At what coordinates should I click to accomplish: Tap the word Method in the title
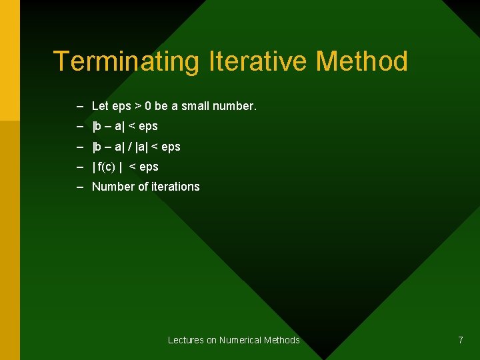click(x=361, y=62)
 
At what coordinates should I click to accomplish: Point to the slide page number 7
click(x=460, y=340)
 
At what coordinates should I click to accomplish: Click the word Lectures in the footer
click(x=186, y=340)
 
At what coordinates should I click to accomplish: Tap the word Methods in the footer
click(x=283, y=340)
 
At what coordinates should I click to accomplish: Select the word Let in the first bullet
click(x=100, y=106)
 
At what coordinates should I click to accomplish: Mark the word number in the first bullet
click(x=235, y=106)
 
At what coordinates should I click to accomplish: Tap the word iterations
click(x=175, y=187)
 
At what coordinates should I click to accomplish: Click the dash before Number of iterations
click(x=80, y=187)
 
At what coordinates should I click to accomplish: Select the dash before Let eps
click(x=80, y=106)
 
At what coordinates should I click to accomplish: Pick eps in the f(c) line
click(x=149, y=167)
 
